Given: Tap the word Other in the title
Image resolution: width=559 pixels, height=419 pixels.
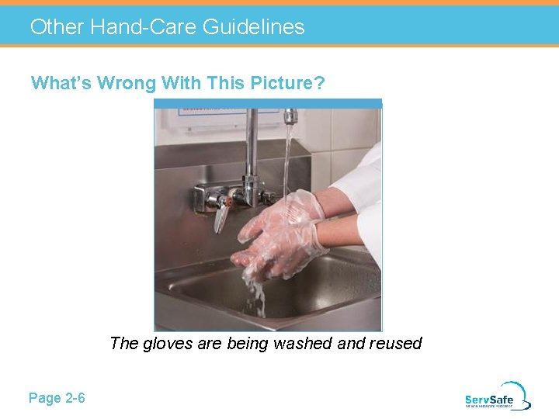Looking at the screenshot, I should pos(57,27).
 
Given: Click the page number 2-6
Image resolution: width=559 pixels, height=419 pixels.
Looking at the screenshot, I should pos(75,398).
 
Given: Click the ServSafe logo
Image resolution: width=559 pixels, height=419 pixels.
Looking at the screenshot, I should pos(498,396).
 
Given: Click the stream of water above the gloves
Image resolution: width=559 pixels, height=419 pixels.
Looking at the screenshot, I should pos(286,163).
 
